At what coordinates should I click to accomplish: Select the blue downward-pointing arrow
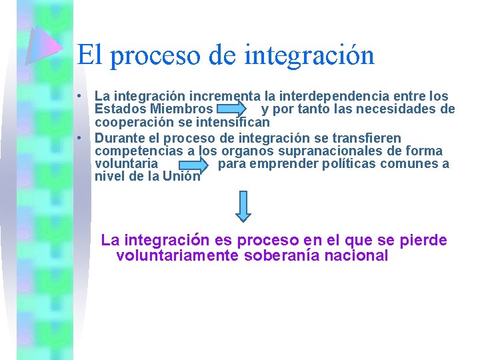[243, 205]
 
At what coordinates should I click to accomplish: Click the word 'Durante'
[118, 138]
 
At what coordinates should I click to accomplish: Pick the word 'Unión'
[181, 177]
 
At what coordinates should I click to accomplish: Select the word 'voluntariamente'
[177, 256]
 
